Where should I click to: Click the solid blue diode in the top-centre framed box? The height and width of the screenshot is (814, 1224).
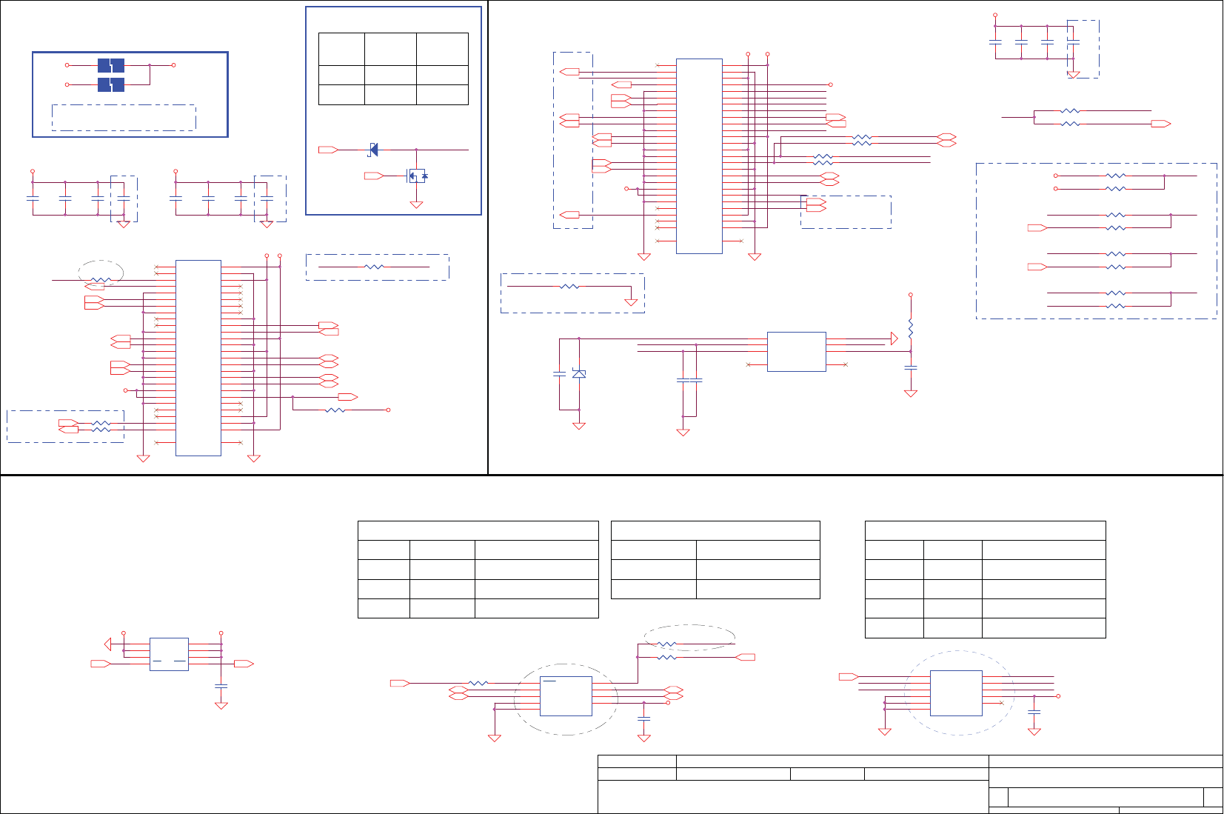coord(373,150)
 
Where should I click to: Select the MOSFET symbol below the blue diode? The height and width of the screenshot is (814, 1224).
coord(417,176)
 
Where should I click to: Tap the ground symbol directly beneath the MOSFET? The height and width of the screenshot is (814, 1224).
coord(416,204)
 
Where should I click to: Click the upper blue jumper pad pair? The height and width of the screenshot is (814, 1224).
coord(111,66)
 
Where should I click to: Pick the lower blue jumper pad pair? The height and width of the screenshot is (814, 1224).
coord(111,85)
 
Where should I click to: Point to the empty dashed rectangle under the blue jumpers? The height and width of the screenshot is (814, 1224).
coord(124,118)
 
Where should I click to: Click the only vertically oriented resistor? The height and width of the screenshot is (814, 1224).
coord(911,328)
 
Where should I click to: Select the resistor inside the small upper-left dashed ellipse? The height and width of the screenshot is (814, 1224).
coord(100,281)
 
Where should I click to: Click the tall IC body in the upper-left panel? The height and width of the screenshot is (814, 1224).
coord(198,358)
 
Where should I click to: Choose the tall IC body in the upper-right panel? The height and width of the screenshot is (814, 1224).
coord(699,156)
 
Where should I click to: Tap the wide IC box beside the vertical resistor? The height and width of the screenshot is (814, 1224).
coord(796,351)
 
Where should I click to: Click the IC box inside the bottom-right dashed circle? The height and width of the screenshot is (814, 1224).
coord(956,693)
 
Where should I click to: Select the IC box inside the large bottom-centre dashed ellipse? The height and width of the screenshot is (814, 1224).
coord(566,696)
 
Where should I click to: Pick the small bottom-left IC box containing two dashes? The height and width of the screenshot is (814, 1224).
coord(169,654)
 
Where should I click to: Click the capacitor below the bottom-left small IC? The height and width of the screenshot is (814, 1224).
coord(221,687)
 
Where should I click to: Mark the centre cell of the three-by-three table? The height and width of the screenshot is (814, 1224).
coord(390,75)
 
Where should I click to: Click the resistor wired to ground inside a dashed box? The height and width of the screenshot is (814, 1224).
coord(569,286)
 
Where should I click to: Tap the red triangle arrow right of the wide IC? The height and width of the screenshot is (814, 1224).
coord(894,338)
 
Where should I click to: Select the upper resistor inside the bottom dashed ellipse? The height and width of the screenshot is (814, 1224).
coord(667,644)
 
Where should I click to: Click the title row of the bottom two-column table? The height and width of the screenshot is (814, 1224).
coord(715,530)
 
